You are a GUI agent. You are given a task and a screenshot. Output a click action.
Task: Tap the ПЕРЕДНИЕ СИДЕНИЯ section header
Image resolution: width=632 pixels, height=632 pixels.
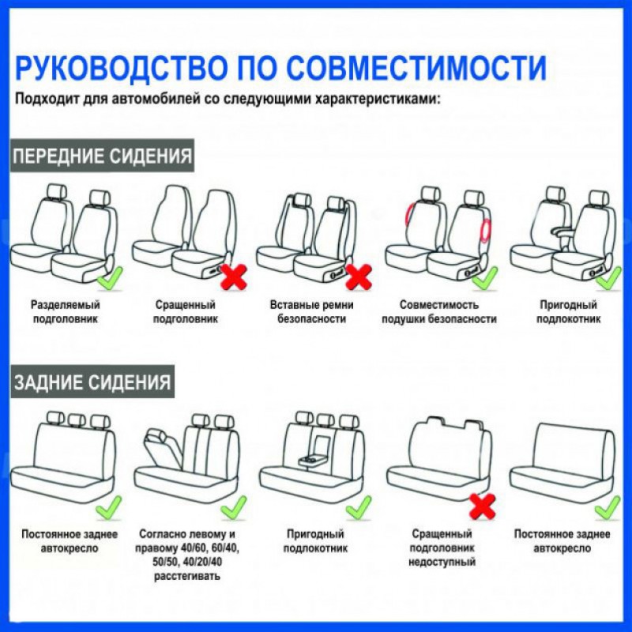pyautogui.click(x=102, y=156)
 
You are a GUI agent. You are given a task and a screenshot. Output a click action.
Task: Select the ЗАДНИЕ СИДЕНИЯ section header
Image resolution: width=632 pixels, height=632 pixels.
pyautogui.click(x=92, y=382)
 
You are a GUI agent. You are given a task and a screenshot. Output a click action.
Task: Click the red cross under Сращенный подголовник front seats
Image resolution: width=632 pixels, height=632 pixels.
pyautogui.click(x=234, y=277)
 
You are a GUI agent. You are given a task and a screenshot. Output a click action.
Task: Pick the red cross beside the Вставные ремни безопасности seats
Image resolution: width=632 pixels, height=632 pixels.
pyautogui.click(x=359, y=277)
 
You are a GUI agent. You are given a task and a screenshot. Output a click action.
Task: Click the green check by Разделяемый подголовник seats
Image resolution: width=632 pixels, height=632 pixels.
pyautogui.click(x=110, y=279)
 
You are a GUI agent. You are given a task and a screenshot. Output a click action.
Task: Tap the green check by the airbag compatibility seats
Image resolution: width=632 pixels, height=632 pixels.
pyautogui.click(x=485, y=279)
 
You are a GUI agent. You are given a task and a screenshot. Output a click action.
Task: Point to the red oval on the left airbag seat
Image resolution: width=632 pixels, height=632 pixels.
pyautogui.click(x=408, y=218)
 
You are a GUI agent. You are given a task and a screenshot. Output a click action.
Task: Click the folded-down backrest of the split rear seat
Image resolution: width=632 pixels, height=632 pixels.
pyautogui.click(x=164, y=447)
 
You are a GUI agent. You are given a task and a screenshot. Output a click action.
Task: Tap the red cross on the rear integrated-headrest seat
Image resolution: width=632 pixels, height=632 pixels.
pyautogui.click(x=483, y=506)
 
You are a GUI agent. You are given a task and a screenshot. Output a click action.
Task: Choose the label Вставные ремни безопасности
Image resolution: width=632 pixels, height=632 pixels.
pyautogui.click(x=311, y=311)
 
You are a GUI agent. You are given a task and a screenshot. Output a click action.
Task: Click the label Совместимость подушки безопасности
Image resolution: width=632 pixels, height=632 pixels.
pyautogui.click(x=439, y=311)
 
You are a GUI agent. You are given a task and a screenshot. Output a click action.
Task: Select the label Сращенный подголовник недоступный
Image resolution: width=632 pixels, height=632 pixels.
pyautogui.click(x=442, y=547)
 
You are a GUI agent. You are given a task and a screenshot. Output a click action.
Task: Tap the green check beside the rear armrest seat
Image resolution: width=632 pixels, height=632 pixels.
pyautogui.click(x=359, y=507)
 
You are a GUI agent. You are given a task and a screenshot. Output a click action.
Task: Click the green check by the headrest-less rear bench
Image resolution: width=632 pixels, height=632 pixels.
pyautogui.click(x=608, y=507)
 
